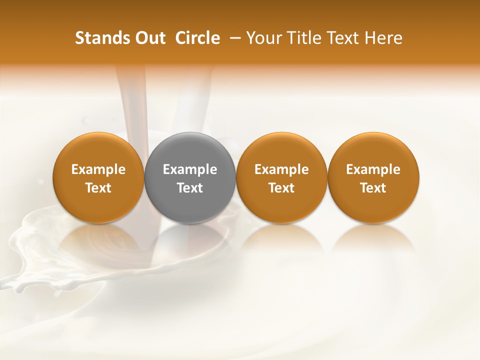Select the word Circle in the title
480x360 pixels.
tap(197, 38)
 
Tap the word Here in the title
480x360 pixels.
tap(384, 38)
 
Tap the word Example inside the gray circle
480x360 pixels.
tap(190, 169)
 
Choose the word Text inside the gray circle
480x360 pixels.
tap(190, 188)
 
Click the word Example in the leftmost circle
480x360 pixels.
tap(98, 169)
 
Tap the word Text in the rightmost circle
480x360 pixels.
tap(373, 188)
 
